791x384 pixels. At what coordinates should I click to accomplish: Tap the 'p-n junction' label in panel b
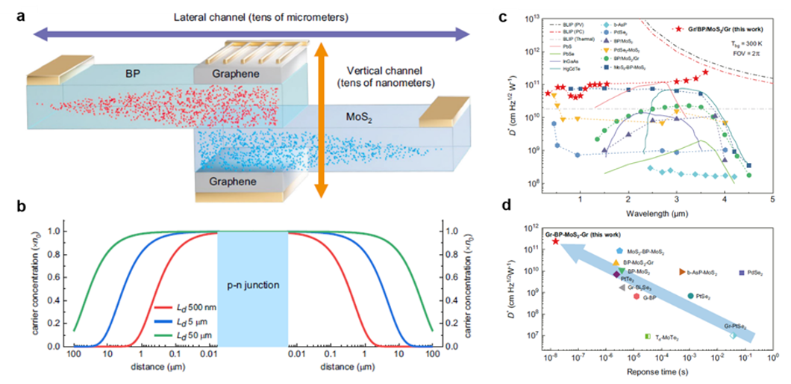click(252, 288)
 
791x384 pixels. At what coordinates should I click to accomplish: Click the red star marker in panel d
click(555, 241)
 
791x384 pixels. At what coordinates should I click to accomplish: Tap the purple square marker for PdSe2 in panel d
click(740, 273)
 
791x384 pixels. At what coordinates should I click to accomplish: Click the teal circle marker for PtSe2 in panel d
click(690, 296)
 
